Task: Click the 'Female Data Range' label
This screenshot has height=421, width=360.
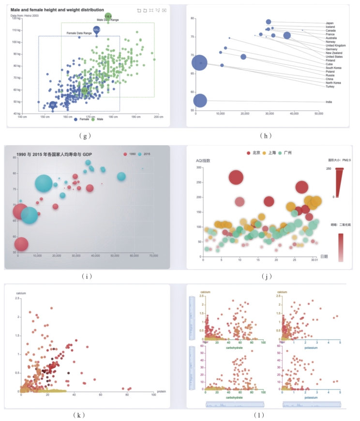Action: click(x=79, y=33)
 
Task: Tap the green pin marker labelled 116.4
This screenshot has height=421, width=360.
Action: click(x=108, y=16)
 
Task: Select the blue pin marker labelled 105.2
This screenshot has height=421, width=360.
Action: click(x=96, y=30)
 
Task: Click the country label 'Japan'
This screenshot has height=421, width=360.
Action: click(x=330, y=23)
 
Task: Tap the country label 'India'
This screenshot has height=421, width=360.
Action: click(x=329, y=102)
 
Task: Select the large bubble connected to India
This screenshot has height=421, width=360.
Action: click(x=200, y=101)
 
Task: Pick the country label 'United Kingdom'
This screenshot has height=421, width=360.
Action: click(x=335, y=45)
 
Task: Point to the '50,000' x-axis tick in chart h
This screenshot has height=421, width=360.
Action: click(x=318, y=114)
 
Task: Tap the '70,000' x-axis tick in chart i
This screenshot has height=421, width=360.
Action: click(x=154, y=256)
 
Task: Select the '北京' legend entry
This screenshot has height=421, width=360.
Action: click(x=254, y=152)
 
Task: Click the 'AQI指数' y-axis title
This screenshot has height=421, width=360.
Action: click(x=203, y=160)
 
